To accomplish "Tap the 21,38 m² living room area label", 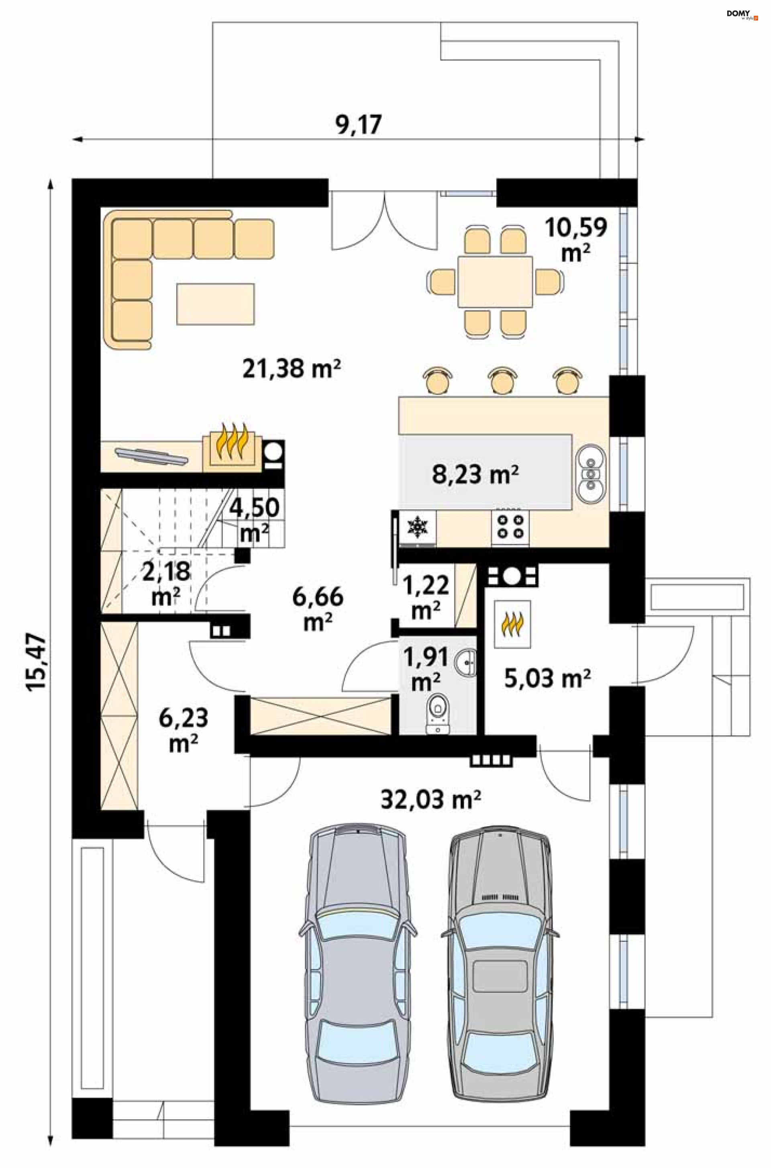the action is [292, 368].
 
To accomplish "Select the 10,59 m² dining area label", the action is [576, 239].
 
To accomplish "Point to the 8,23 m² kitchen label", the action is [475, 475].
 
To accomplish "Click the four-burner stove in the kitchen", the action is [510, 526].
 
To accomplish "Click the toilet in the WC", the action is [437, 714].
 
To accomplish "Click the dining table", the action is [495, 281].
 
